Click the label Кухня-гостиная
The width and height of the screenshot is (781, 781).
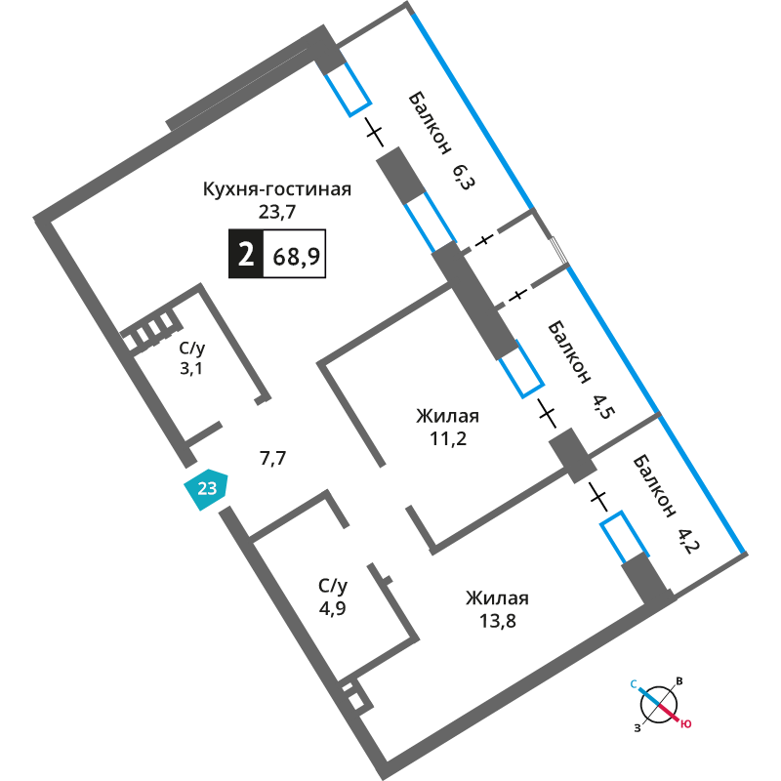pos(277,189)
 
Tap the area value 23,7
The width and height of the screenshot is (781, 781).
pos(277,212)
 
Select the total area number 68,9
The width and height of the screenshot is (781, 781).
pos(297,256)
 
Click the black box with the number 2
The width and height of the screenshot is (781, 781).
pos(246,254)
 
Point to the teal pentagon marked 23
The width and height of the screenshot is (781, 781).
pos(206,489)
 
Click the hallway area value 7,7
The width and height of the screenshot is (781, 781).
pos(273,458)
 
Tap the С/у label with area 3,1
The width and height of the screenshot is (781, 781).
pos(192,349)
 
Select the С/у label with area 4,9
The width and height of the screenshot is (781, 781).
pos(333,587)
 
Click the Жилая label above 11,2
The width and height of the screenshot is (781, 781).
pos(447,416)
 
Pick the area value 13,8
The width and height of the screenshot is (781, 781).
pos(498,621)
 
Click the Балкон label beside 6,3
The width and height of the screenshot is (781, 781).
pos(430,123)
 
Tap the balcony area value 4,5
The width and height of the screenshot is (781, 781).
pos(604,406)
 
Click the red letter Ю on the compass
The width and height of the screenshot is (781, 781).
pos(686,723)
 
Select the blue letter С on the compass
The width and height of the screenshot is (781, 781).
pos(634,684)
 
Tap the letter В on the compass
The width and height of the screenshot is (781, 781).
pos(678,681)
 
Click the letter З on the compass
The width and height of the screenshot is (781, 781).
pos(637,728)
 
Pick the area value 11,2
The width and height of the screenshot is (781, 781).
pos(448,438)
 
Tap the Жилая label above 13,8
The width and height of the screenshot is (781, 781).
pos(497,598)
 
